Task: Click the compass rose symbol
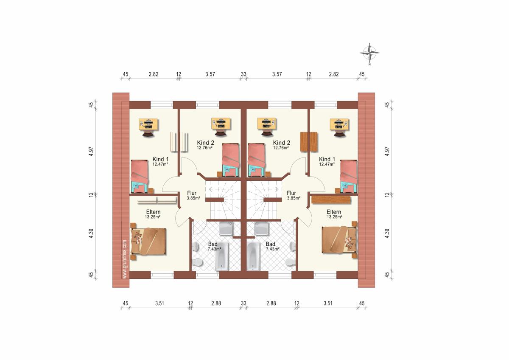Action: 369,53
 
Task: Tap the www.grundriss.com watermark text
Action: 125,259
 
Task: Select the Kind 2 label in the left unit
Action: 205,143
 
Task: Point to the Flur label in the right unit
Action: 291,193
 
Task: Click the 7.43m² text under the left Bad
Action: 215,249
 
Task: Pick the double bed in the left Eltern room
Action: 148,241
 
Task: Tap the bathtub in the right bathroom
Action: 253,256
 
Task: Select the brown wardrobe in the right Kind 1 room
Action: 309,142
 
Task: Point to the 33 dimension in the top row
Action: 243,74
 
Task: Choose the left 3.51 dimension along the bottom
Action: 159,303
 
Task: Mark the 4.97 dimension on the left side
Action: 91,151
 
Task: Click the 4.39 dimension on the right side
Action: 387,233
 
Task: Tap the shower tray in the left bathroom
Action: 226,228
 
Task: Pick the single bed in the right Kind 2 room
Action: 257,160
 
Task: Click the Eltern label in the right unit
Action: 334,212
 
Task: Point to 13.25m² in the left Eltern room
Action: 153,217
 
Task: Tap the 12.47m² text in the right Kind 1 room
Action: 327,164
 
